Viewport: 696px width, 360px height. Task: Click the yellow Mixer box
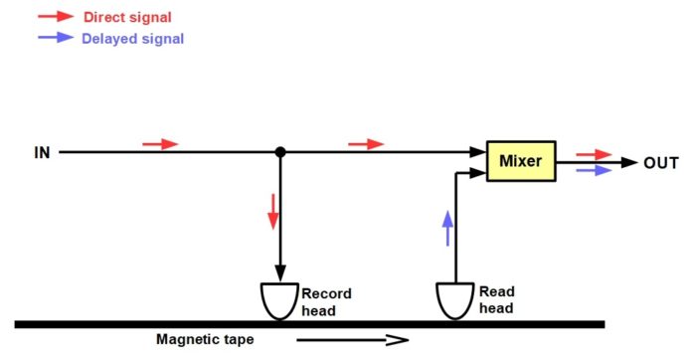point(521,161)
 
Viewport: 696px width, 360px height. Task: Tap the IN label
point(42,153)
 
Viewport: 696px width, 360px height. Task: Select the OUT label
point(661,163)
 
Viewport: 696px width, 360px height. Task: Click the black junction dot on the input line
point(280,152)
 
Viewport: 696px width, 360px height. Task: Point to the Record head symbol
point(279,301)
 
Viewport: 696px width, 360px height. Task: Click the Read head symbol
point(455,301)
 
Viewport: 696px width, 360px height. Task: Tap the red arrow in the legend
point(56,17)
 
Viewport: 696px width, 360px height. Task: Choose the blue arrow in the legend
point(56,37)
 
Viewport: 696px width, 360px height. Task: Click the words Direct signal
point(127,17)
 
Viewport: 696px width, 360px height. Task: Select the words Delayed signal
point(132,39)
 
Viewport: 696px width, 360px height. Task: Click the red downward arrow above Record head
point(273,212)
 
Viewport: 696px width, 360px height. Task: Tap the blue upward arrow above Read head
point(447,228)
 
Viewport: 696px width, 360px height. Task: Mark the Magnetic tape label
point(205,339)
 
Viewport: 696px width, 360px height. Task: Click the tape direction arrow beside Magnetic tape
point(352,340)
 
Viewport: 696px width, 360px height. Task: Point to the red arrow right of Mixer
point(594,155)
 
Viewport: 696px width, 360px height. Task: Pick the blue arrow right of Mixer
point(594,170)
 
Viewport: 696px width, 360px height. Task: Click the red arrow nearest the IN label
point(160,144)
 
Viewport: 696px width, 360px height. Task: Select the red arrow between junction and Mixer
point(366,144)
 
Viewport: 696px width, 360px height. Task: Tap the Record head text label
point(327,302)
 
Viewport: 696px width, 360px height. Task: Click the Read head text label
point(497,300)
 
